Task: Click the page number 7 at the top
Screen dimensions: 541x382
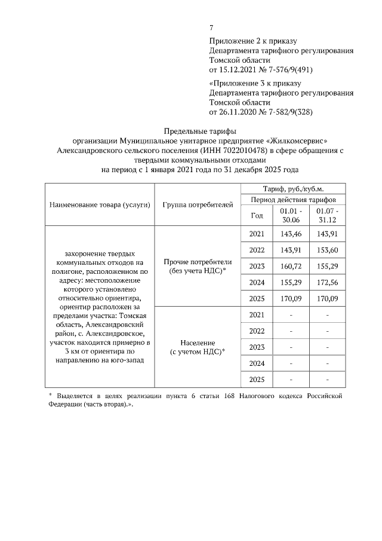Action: click(211, 27)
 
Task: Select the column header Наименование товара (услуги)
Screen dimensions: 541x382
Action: click(98, 205)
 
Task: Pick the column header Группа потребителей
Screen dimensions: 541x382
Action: click(198, 205)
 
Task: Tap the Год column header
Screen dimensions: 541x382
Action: click(257, 215)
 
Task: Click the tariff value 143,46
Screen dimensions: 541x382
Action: click(291, 234)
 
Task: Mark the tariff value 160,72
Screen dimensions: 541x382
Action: click(291, 266)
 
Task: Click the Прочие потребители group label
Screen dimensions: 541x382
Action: click(198, 266)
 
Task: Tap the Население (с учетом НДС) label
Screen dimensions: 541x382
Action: click(198, 347)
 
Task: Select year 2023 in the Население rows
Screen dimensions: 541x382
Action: click(257, 347)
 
